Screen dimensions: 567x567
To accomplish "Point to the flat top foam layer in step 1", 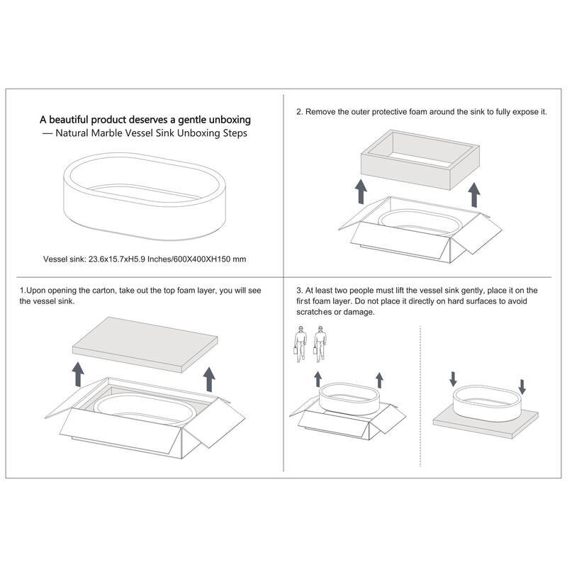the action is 145,344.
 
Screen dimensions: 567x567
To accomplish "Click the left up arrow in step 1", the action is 78,374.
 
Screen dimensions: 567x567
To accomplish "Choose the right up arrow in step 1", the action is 209,379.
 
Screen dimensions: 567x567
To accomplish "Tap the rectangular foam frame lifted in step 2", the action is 420,159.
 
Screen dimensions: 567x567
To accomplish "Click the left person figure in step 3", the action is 300,344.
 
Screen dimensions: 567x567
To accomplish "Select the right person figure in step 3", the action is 320,344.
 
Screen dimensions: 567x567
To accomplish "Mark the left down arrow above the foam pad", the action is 453,379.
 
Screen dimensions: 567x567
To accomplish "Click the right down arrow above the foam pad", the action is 522,386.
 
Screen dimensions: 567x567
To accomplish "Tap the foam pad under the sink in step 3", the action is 485,425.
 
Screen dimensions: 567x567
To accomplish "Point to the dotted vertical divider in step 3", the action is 420,396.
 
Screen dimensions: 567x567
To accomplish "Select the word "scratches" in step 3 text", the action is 314,312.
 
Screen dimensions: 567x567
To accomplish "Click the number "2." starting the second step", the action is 300,112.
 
